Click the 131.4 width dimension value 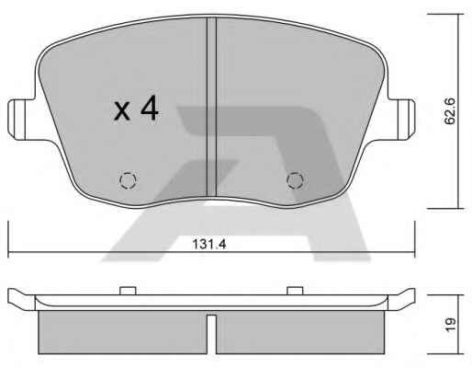tap(209, 244)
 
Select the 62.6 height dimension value tap(450, 111)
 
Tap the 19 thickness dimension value tap(450, 325)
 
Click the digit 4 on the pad tap(150, 109)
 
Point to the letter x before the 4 tap(122, 111)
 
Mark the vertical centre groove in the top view tap(211, 107)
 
